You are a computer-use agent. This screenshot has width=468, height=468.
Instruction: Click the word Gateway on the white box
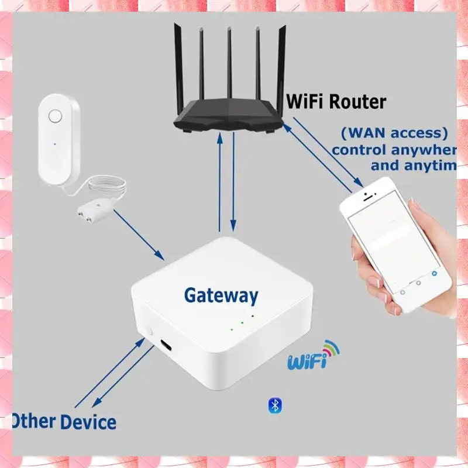tap(221, 295)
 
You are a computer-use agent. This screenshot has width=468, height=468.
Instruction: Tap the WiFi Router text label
tap(336, 101)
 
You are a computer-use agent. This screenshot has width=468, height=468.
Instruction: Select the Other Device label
tap(64, 421)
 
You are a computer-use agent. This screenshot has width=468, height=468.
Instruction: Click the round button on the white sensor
tap(55, 116)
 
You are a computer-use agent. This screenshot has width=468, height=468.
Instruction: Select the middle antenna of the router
tap(229, 64)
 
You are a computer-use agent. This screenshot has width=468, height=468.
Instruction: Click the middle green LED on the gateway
tap(242, 322)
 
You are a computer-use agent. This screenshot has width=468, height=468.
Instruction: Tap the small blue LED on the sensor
tap(54, 142)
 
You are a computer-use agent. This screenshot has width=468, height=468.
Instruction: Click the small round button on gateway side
tap(150, 332)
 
